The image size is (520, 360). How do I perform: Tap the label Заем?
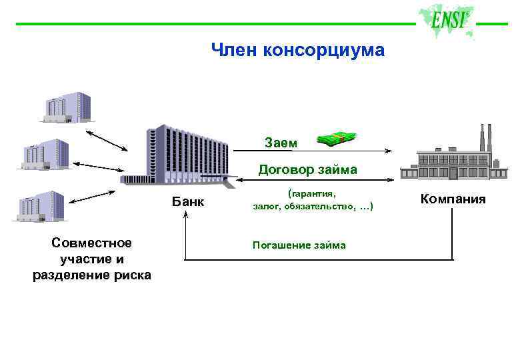click(x=277, y=142)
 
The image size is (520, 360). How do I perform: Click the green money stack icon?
click(x=336, y=138)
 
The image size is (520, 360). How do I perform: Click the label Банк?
click(x=188, y=202)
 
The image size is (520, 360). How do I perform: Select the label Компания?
click(x=453, y=199)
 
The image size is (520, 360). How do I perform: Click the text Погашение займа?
click(x=299, y=245)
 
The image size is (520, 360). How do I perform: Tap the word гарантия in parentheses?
click(x=314, y=193)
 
